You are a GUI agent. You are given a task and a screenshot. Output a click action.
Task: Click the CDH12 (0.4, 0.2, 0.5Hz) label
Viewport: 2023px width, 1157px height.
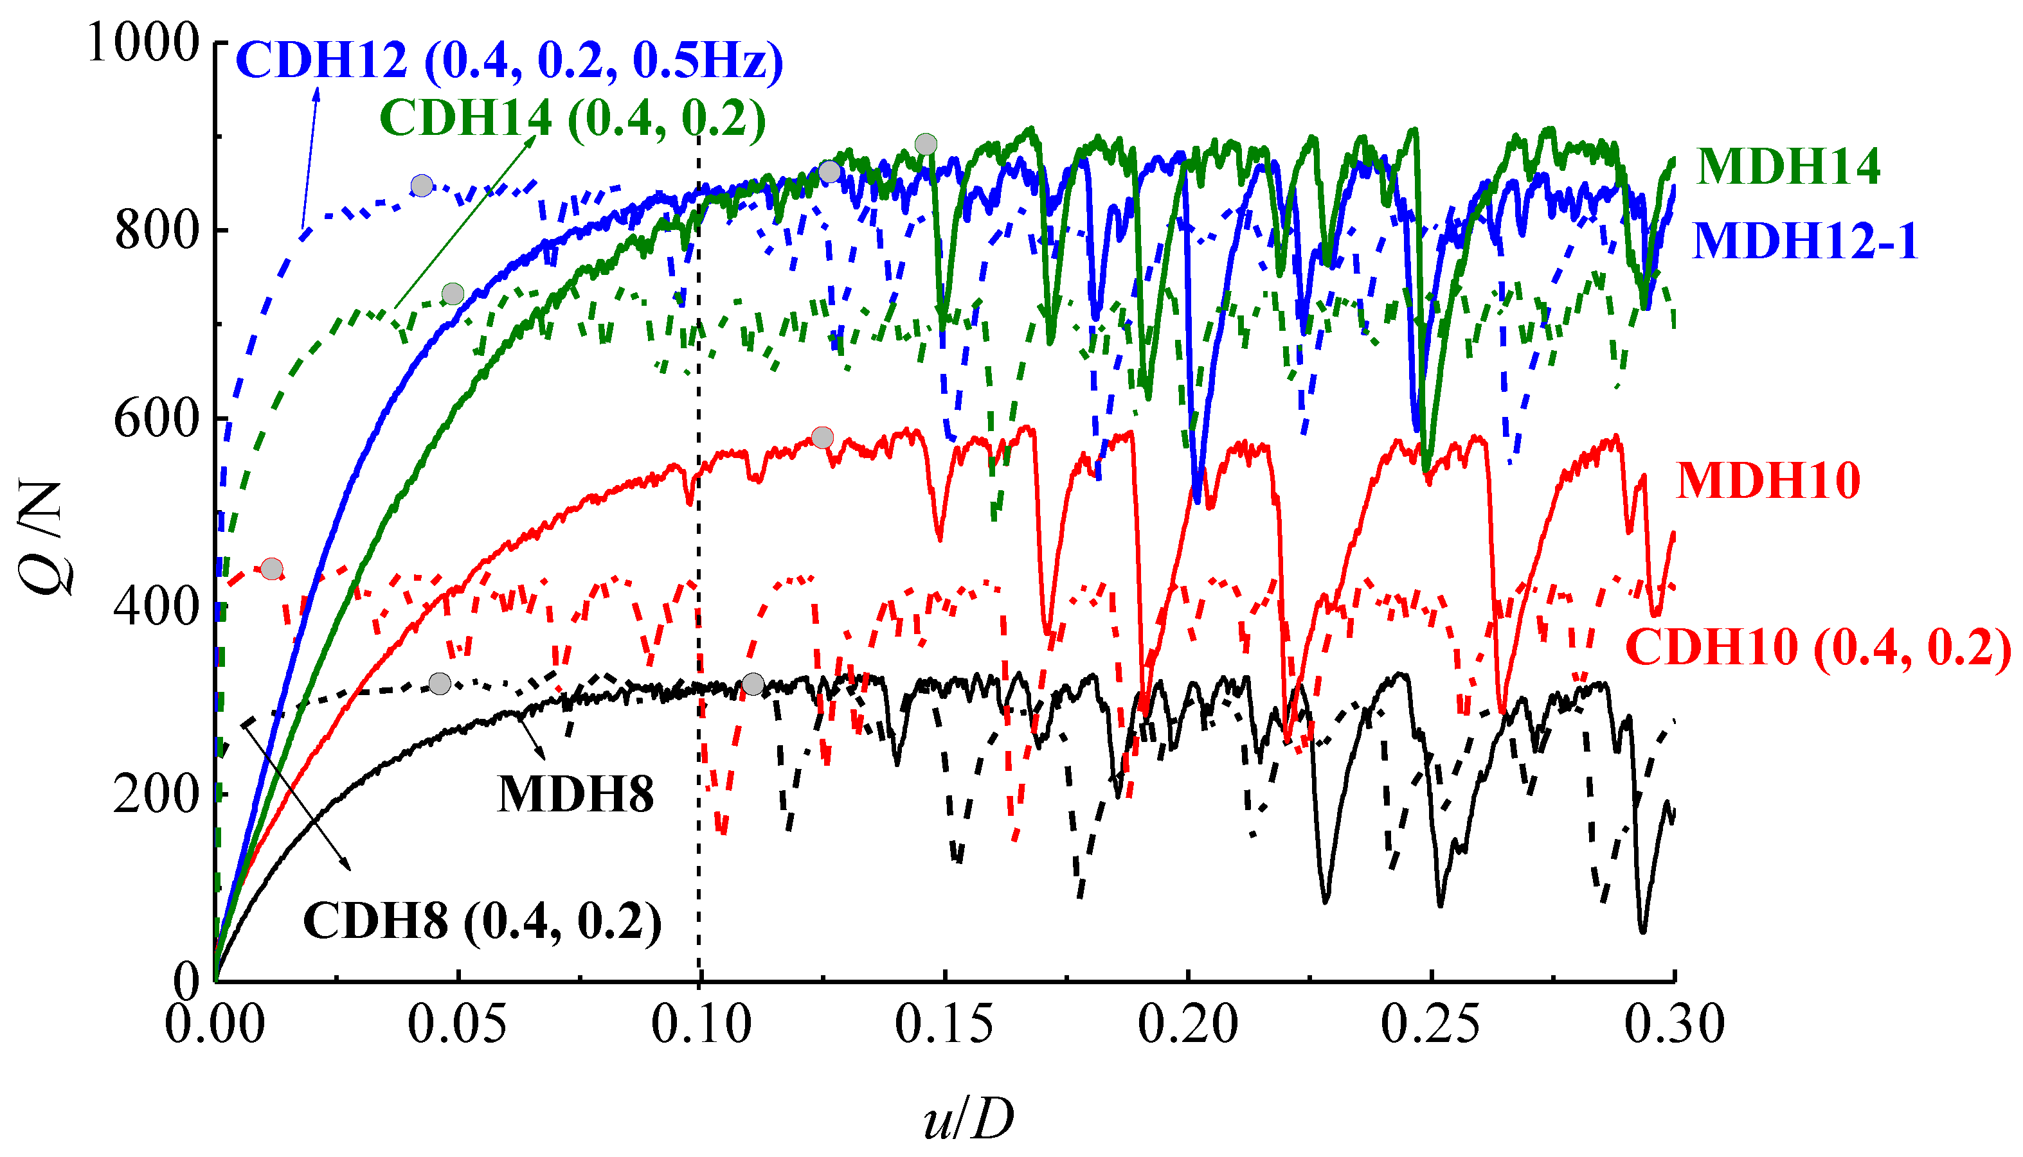[x=508, y=60]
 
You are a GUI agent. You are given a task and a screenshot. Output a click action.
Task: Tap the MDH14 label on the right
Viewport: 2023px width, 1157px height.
[x=1788, y=167]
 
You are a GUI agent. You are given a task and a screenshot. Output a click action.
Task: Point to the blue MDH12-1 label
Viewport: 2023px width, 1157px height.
[x=1804, y=241]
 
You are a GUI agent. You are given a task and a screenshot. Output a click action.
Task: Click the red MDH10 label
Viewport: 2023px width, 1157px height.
[x=1768, y=481]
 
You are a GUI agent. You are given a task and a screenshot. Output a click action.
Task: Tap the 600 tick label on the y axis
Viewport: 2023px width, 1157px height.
[x=156, y=419]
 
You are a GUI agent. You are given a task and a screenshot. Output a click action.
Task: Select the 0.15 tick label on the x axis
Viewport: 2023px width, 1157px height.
[x=944, y=1025]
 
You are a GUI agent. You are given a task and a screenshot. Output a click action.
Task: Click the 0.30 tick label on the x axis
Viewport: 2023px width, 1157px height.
[x=1674, y=1025]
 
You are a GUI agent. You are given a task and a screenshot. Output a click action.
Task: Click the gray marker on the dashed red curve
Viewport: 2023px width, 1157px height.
[x=272, y=568]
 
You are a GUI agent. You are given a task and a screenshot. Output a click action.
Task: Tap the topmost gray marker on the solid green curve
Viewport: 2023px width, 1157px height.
[x=925, y=145]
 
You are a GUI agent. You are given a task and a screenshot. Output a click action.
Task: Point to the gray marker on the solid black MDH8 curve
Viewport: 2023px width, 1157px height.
[x=753, y=684]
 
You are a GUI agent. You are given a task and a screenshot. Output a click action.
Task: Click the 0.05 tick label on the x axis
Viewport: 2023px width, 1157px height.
[x=457, y=1025]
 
